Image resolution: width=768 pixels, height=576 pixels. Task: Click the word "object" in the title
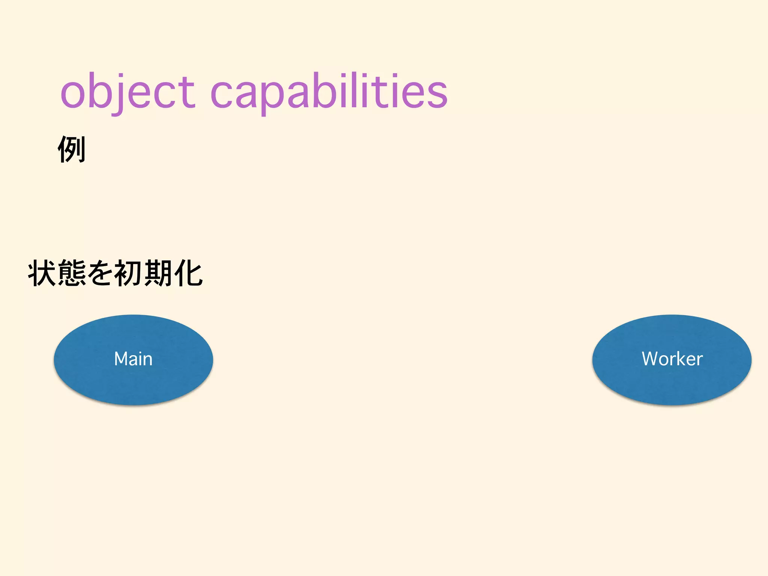click(127, 92)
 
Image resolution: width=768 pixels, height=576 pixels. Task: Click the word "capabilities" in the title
click(329, 92)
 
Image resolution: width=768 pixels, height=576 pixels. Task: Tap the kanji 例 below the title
click(72, 149)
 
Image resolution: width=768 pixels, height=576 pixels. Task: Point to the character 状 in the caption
click(42, 273)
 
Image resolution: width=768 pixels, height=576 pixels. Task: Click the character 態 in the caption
click(72, 273)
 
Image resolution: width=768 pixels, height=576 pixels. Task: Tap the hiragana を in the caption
click(100, 273)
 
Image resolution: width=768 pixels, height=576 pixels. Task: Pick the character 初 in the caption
click(129, 273)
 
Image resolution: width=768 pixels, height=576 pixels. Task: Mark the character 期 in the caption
click(159, 273)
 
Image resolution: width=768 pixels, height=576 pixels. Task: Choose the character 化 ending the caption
click(188, 273)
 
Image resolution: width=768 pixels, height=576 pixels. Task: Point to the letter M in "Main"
click(122, 359)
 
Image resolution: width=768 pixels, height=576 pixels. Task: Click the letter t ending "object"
click(187, 92)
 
